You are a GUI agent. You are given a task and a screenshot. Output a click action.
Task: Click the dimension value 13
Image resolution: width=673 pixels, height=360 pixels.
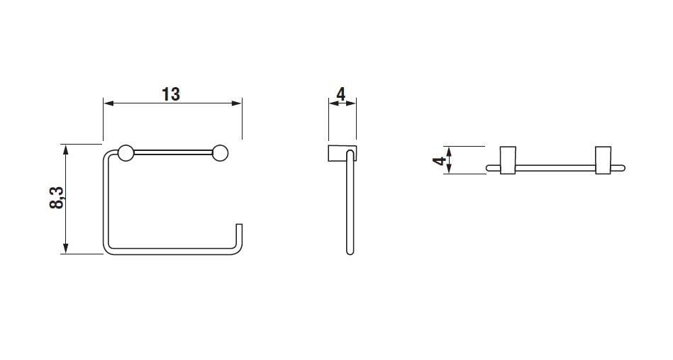coord(171,94)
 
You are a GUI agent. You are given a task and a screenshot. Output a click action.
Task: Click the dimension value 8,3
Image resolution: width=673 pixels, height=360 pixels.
coord(57,198)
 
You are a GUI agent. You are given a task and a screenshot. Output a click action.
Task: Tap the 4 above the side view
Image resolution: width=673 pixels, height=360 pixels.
coord(341,94)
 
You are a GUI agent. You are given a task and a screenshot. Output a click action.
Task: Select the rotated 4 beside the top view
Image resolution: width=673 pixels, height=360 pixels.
coord(440,161)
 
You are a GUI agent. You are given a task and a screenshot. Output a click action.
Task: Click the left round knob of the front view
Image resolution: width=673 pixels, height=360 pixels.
coord(126,153)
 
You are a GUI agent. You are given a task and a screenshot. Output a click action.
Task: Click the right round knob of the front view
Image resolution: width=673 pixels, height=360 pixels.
coord(220,153)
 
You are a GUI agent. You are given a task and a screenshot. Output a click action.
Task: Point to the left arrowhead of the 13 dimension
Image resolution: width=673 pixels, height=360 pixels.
coord(109,103)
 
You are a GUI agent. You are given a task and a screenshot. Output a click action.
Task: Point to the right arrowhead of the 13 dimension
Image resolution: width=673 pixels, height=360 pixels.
coord(237,103)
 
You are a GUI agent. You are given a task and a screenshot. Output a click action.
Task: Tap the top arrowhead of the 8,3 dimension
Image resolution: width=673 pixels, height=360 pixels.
coord(65,150)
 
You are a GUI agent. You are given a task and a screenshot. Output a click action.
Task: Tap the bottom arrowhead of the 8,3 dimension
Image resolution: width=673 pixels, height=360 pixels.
coord(65,249)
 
